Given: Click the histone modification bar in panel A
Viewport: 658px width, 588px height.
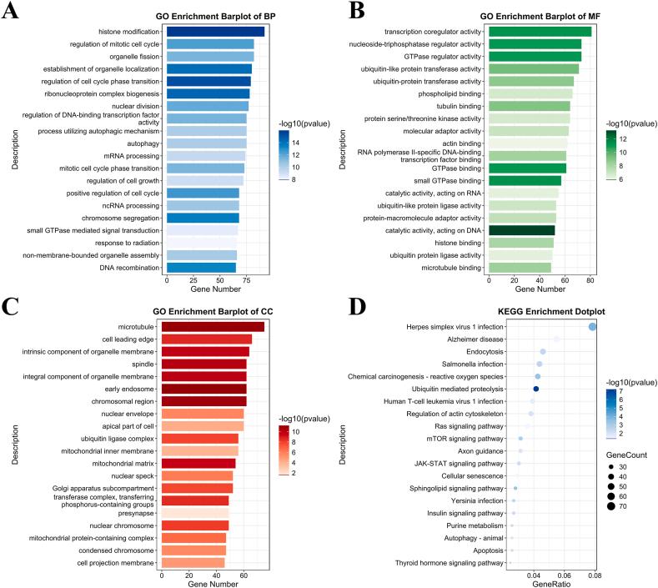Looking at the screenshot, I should point(215,31).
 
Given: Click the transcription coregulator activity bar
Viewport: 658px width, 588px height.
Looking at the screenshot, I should point(540,32).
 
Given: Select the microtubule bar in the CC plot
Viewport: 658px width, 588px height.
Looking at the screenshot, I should point(212,327).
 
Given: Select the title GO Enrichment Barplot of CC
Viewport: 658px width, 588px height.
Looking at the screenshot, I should point(215,311).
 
